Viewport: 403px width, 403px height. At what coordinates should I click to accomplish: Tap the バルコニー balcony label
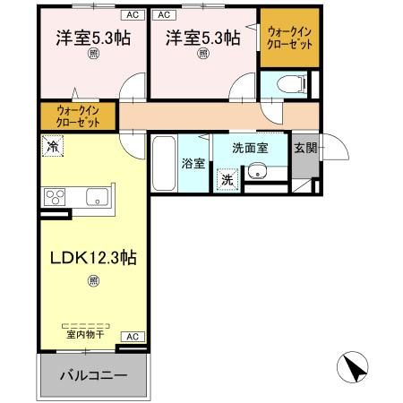[x=93, y=374]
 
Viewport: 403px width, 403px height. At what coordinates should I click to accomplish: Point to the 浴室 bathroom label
[x=193, y=164]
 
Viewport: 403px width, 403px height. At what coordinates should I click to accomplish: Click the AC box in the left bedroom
[x=131, y=15]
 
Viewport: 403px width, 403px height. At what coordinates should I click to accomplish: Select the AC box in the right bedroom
[x=164, y=15]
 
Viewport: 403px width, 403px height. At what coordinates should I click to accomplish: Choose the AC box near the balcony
[x=131, y=337]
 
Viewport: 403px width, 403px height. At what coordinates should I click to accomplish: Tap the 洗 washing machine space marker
[x=227, y=180]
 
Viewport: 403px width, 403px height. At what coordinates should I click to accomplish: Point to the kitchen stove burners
[x=54, y=198]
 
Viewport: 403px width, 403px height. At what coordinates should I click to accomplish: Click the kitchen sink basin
[x=96, y=197]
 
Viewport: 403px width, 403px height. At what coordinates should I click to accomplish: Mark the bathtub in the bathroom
[x=163, y=163]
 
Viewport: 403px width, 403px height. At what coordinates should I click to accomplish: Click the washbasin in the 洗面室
[x=259, y=174]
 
